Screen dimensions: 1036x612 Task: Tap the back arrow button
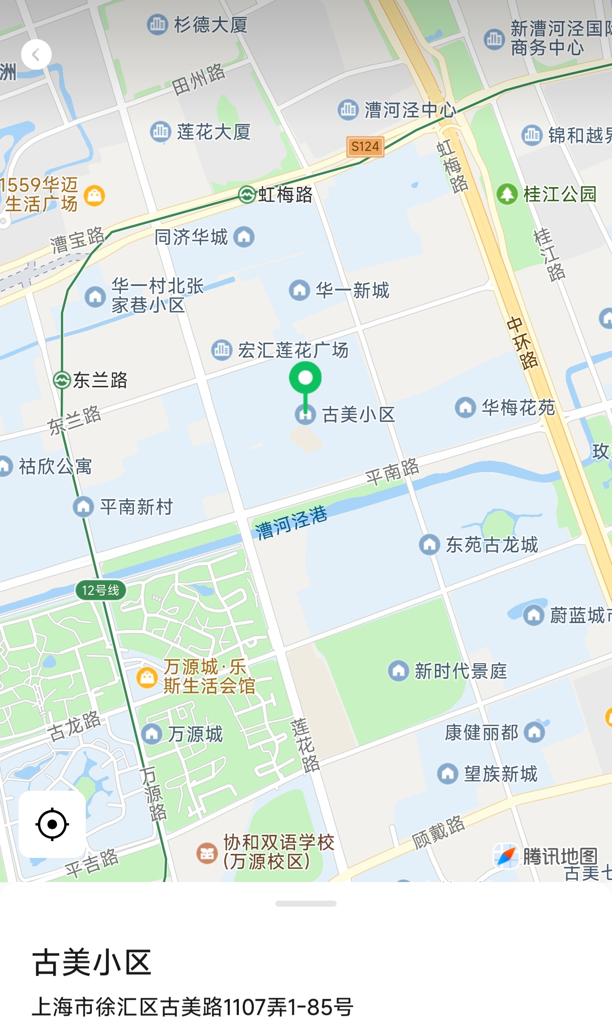click(x=36, y=55)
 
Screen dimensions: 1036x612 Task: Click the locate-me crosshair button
click(x=52, y=824)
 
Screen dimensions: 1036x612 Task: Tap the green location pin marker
click(x=305, y=379)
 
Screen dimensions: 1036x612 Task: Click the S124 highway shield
click(x=365, y=146)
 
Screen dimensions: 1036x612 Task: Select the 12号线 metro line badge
click(x=101, y=590)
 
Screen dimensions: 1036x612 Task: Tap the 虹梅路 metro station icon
click(x=247, y=194)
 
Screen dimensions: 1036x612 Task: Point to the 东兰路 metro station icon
click(x=62, y=380)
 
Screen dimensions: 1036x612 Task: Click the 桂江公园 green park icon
click(x=507, y=194)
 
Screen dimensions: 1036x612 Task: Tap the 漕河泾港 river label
click(x=291, y=522)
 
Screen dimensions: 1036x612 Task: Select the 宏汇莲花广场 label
click(x=293, y=350)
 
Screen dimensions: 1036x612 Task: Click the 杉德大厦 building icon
click(x=157, y=24)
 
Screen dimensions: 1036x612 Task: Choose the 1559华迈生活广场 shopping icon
click(x=94, y=195)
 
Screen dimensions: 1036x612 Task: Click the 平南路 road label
click(x=392, y=472)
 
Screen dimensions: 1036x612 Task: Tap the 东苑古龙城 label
click(x=492, y=544)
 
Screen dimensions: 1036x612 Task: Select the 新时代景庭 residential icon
click(x=398, y=671)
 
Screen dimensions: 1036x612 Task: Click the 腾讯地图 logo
click(x=547, y=856)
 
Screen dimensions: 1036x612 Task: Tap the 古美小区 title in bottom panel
click(x=92, y=962)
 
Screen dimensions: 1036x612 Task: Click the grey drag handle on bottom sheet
click(x=305, y=904)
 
